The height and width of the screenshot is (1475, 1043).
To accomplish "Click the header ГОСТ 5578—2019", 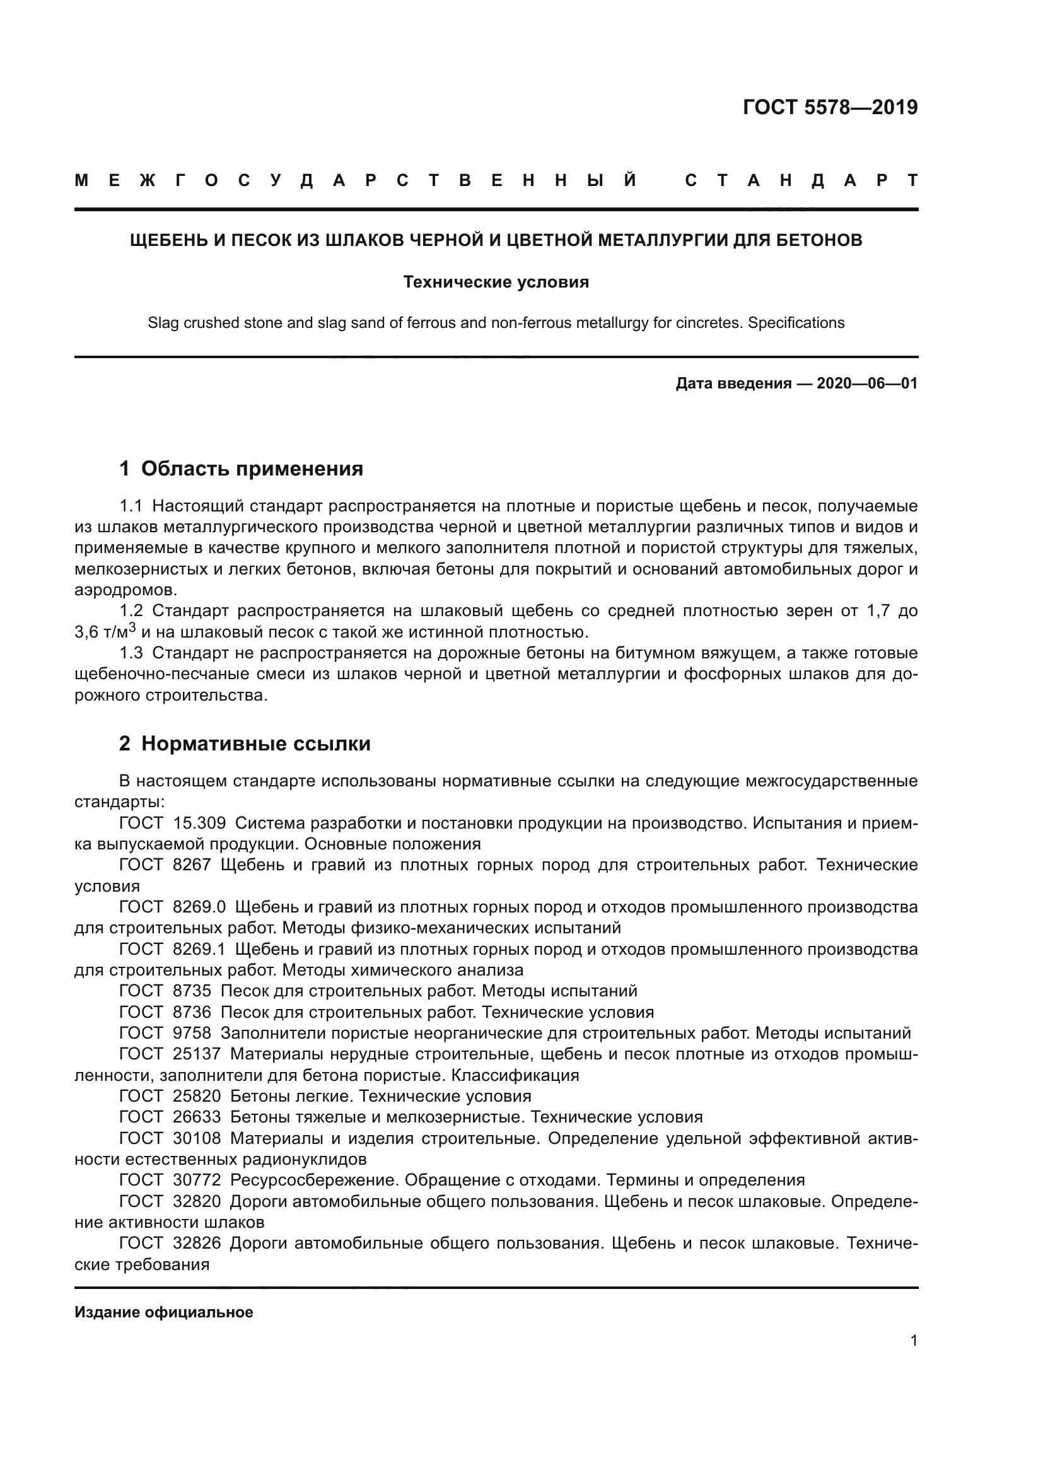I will pyautogui.click(x=830, y=107).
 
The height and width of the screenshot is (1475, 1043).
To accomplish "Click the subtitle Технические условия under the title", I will pyautogui.click(x=496, y=282).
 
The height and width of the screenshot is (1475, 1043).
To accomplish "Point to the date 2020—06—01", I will pyautogui.click(x=867, y=383).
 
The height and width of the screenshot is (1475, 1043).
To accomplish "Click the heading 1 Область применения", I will pyautogui.click(x=242, y=469).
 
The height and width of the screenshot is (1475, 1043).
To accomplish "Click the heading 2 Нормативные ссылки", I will pyautogui.click(x=245, y=743).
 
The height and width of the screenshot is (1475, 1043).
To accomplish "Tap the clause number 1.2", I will pyautogui.click(x=131, y=610).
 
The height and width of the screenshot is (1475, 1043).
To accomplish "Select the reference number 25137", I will pyautogui.click(x=197, y=1054).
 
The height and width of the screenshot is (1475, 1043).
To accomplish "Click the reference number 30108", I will pyautogui.click(x=197, y=1138).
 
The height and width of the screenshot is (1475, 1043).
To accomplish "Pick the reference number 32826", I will pyautogui.click(x=197, y=1243).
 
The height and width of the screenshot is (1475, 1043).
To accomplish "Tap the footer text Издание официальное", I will pyautogui.click(x=164, y=1312).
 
